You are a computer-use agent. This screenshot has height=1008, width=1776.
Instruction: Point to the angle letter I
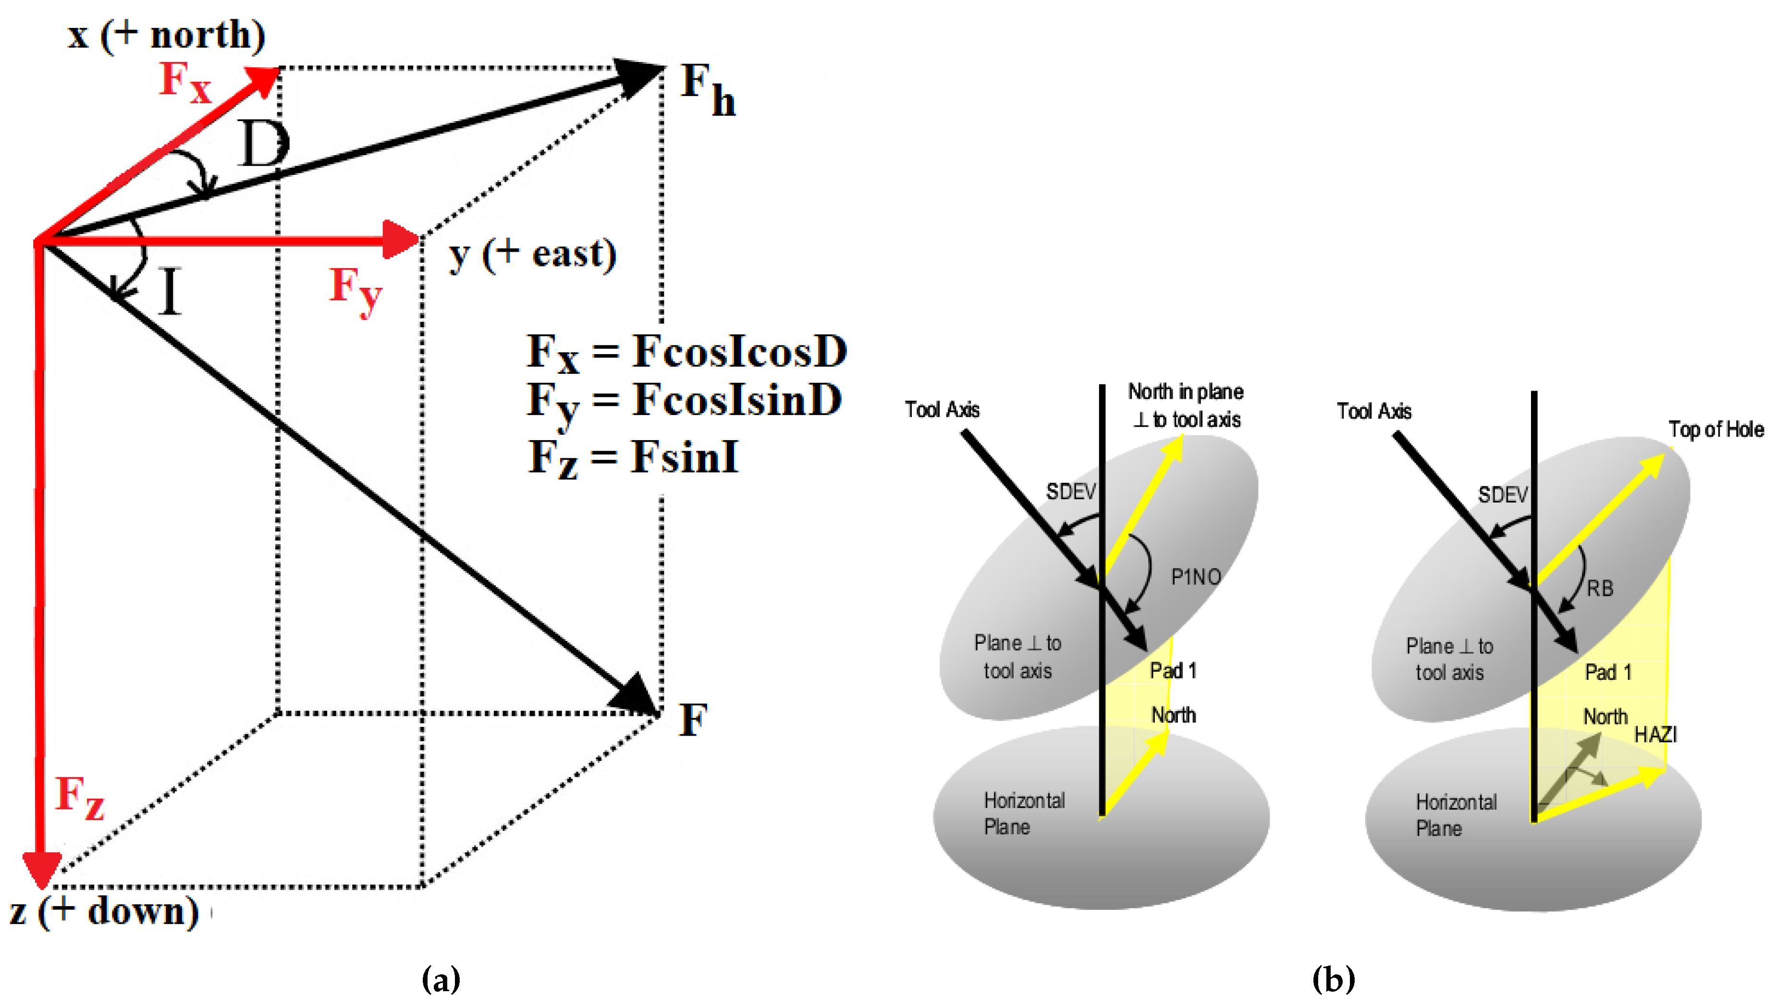[170, 292]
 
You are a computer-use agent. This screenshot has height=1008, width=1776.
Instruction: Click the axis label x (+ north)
[166, 35]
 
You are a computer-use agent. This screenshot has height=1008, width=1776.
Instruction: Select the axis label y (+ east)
[532, 254]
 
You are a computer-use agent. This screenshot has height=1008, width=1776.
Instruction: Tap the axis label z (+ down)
[104, 911]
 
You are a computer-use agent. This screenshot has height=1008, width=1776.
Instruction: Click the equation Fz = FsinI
[633, 457]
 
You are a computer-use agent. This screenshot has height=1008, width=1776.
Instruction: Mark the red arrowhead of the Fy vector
[402, 240]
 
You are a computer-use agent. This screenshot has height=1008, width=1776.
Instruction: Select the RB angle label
[1600, 589]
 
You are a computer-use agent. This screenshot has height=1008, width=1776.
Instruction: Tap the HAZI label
[1655, 735]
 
